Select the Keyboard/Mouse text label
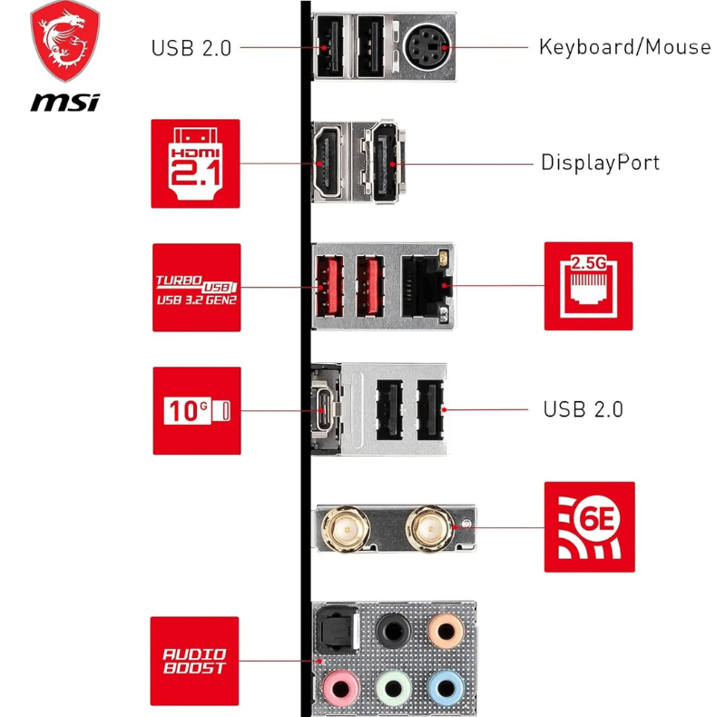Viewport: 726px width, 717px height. tap(624, 46)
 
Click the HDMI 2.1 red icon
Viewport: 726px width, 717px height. tap(195, 163)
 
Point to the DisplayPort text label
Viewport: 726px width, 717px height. tap(600, 163)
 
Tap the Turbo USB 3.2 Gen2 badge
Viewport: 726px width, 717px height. tap(196, 287)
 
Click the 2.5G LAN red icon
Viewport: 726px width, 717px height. tap(588, 286)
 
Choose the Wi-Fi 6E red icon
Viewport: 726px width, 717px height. tap(589, 526)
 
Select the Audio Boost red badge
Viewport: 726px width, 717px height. tap(194, 661)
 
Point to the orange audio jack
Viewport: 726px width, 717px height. tap(446, 629)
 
